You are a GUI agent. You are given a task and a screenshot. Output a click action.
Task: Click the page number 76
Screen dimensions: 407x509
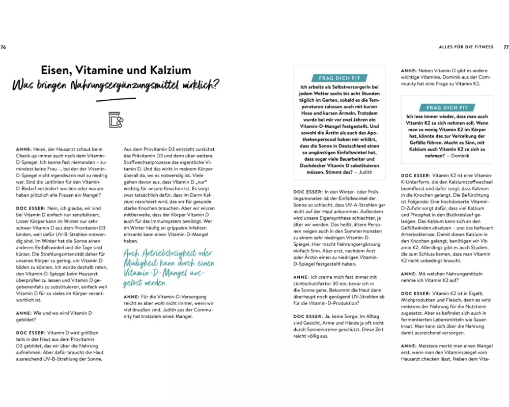(x=3, y=47)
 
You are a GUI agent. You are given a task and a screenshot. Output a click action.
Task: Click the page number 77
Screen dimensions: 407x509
(x=505, y=47)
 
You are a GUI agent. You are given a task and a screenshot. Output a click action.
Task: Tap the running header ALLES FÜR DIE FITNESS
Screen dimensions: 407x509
(x=466, y=47)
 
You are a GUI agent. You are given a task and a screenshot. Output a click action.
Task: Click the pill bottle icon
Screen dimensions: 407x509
(x=116, y=119)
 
